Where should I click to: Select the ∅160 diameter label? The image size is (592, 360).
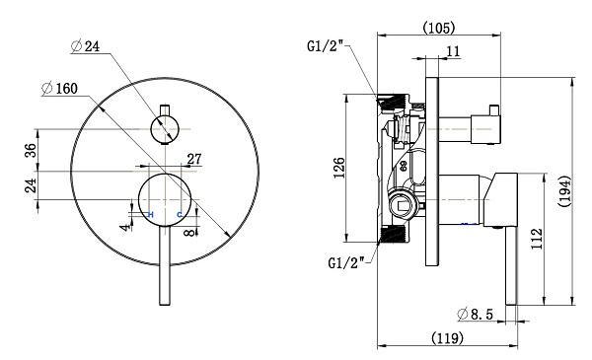60,88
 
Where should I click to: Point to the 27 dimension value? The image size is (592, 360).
193,159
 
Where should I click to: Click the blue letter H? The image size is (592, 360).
150,214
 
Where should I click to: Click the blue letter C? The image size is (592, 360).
179,214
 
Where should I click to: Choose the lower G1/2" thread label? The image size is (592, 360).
346,261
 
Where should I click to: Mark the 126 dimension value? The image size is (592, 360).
339,168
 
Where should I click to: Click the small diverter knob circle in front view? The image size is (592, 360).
165,126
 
